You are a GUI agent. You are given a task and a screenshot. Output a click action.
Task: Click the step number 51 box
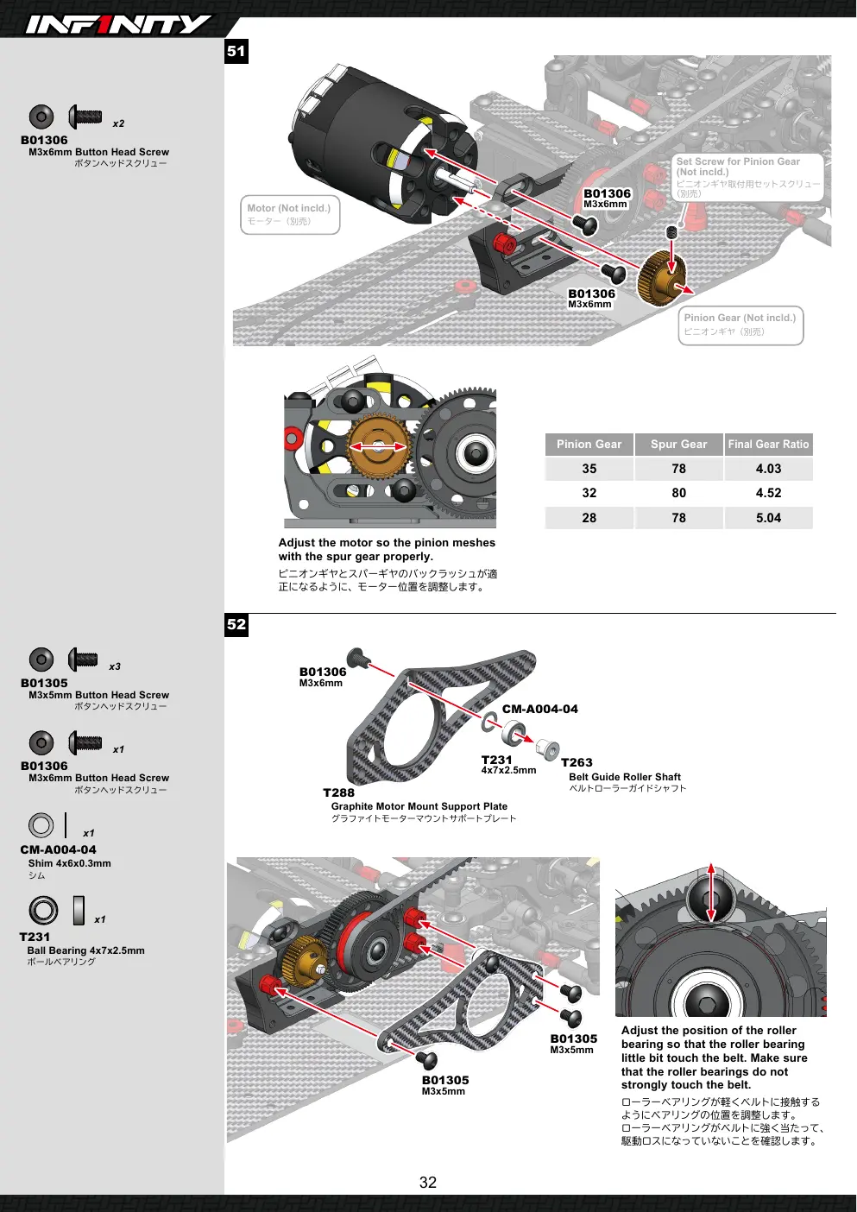tap(236, 52)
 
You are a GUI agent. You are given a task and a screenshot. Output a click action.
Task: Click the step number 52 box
tap(236, 624)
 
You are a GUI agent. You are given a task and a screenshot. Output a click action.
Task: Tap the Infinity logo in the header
tap(118, 24)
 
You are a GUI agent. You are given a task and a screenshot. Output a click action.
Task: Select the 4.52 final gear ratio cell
tap(768, 493)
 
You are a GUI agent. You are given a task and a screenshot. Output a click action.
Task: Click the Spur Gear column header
tap(678, 445)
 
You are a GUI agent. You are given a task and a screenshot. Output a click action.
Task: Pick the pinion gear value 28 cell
tap(589, 518)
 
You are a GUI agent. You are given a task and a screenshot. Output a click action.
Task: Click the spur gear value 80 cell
tap(678, 493)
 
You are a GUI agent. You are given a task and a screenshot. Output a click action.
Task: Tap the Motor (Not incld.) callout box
tap(290, 215)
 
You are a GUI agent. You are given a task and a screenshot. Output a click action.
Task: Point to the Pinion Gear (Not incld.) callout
tap(740, 325)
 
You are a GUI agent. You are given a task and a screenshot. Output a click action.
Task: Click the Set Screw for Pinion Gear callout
tap(747, 178)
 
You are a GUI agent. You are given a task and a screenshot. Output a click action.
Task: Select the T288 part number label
tap(338, 792)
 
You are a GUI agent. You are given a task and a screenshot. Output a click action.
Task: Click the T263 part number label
tap(577, 762)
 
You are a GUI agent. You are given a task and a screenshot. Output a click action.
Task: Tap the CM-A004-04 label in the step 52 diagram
tap(540, 709)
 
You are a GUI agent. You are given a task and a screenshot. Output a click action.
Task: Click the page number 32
tap(428, 1183)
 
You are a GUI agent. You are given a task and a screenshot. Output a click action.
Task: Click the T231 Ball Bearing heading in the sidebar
tap(35, 937)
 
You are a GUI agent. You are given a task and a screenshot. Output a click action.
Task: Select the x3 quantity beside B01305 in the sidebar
tap(115, 666)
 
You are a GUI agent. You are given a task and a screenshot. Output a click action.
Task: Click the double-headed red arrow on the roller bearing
tap(711, 893)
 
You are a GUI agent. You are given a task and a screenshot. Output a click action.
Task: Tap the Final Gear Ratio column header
tap(768, 445)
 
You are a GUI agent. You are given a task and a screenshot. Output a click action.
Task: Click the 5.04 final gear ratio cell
tap(768, 518)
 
